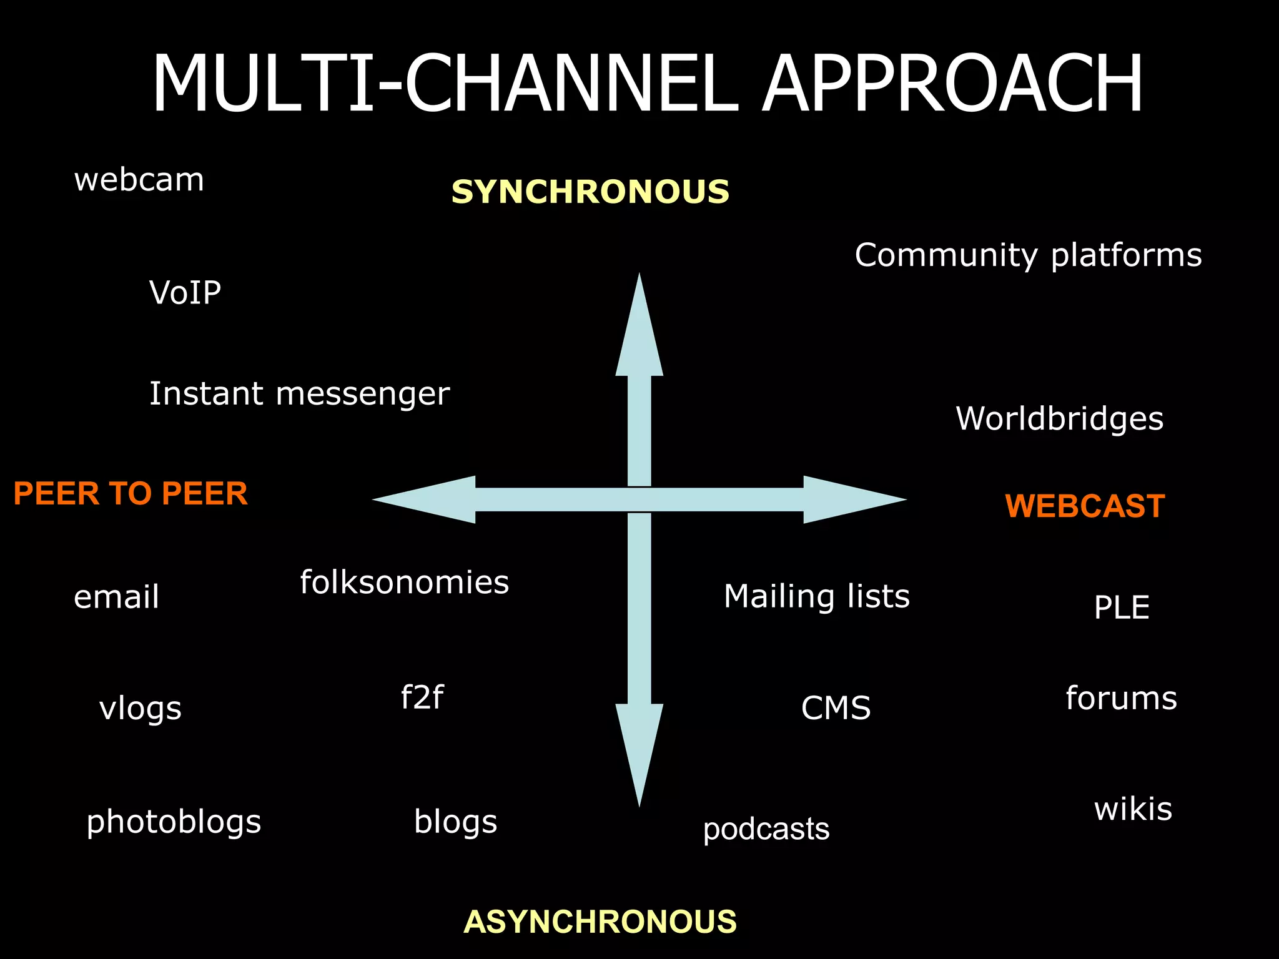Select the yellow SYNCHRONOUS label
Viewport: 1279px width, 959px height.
coord(590,192)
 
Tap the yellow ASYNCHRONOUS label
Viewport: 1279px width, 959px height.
coord(600,922)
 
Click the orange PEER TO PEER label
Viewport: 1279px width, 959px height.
coord(131,493)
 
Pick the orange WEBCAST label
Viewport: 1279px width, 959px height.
coord(1085,506)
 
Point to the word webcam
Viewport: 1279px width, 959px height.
coord(139,180)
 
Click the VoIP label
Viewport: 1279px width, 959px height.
coord(185,292)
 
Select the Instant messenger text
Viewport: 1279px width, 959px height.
coord(299,394)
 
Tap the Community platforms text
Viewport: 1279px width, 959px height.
coord(1028,255)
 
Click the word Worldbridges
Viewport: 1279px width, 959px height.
coord(1059,418)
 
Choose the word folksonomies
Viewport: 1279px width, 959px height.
coord(404,582)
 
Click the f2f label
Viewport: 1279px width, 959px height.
coord(422,697)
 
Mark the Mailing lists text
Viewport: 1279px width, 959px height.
coord(816,596)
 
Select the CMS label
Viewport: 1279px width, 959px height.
coord(836,708)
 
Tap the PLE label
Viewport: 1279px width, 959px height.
coord(1121,607)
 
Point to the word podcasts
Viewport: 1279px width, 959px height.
coord(766,829)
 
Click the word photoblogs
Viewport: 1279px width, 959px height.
coord(174,822)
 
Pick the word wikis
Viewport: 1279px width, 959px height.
coord(1133,809)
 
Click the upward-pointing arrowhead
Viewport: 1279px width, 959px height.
coord(639,331)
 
